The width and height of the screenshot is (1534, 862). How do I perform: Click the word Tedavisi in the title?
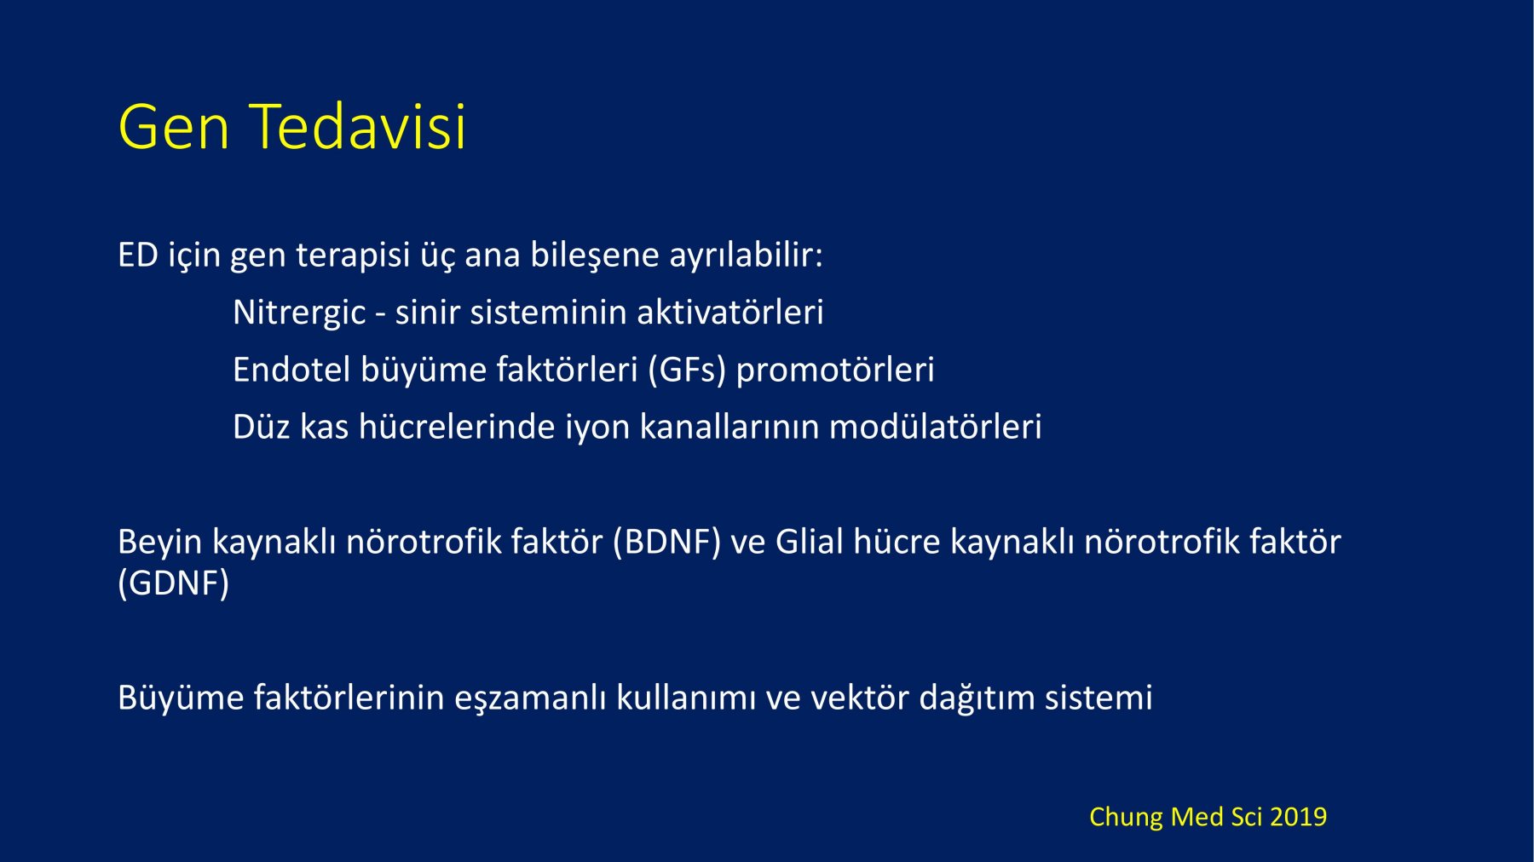[x=358, y=126]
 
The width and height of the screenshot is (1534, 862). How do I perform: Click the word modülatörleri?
[x=936, y=427]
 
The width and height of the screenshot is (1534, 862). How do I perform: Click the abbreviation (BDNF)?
[x=667, y=543]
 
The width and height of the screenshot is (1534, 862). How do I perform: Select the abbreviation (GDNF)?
[x=174, y=583]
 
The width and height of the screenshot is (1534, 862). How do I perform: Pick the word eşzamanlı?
[x=530, y=698]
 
